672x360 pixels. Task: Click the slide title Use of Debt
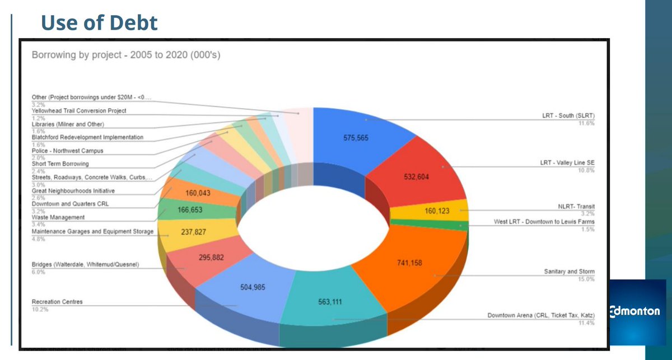pyautogui.click(x=100, y=24)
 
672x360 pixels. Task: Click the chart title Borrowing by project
pyautogui.click(x=128, y=56)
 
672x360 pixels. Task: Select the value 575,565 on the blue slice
pyautogui.click(x=356, y=138)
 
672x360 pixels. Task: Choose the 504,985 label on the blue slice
pyautogui.click(x=253, y=287)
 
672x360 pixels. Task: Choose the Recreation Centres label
pyautogui.click(x=57, y=302)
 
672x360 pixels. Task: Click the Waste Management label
pyautogui.click(x=58, y=217)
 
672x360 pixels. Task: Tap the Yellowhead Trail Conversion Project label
pyautogui.click(x=79, y=111)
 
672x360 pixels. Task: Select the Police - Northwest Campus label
pyautogui.click(x=67, y=151)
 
